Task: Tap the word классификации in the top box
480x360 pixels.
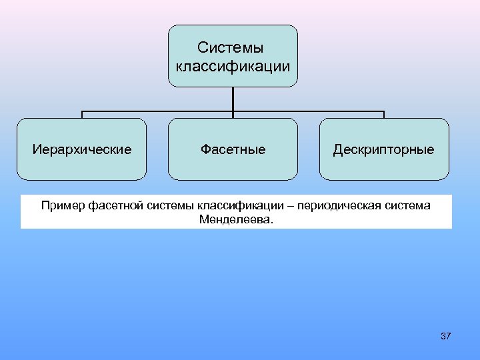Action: [x=232, y=66]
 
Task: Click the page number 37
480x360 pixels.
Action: [x=446, y=336]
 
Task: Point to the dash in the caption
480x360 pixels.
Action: [x=291, y=205]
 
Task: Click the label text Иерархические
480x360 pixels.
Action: [x=81, y=149]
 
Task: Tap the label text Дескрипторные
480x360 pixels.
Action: [x=384, y=149]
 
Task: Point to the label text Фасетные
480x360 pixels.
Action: [x=233, y=149]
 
